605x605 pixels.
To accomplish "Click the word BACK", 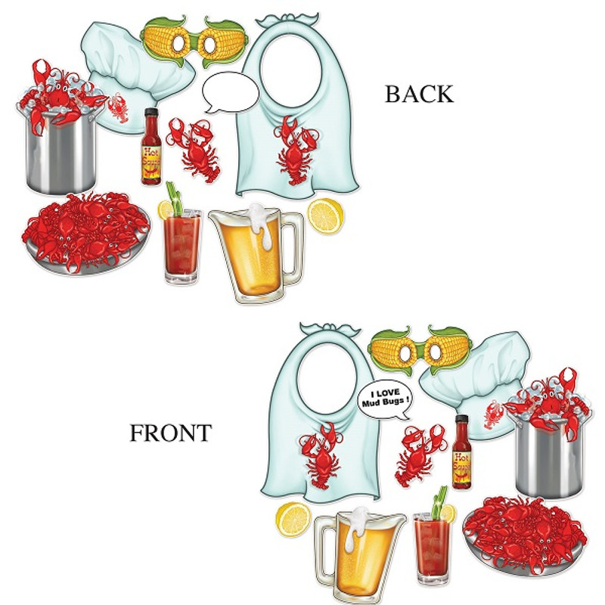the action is pyautogui.click(x=419, y=94).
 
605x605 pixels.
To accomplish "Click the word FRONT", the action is pyautogui.click(x=170, y=433).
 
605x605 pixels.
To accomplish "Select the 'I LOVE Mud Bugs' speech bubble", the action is pyautogui.click(x=383, y=396).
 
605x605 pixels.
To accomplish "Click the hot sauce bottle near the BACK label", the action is pyautogui.click(x=151, y=147).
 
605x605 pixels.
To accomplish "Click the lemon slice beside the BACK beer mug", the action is pyautogui.click(x=326, y=216).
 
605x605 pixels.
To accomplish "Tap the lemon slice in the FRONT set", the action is pyautogui.click(x=293, y=519).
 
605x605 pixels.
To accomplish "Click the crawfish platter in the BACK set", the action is pyautogui.click(x=85, y=231).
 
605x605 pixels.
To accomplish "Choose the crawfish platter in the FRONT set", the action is pyautogui.click(x=525, y=532).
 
